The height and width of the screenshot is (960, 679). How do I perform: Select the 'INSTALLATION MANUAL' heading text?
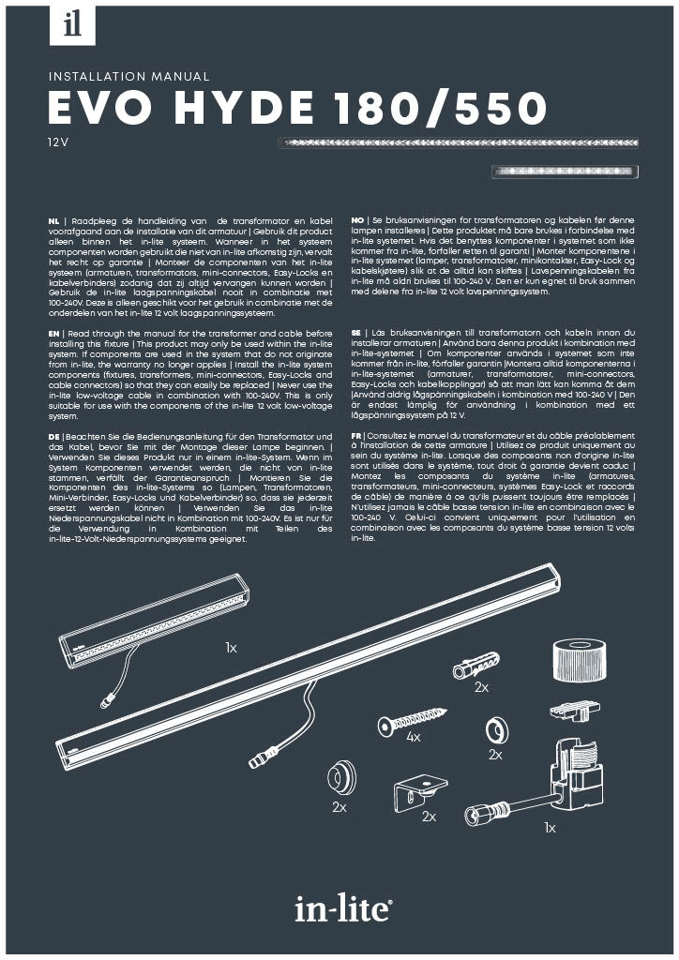pyautogui.click(x=128, y=77)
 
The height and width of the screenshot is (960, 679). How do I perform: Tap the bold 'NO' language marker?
pyautogui.click(x=357, y=217)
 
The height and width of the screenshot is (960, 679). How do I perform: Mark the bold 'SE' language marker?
pyautogui.click(x=356, y=333)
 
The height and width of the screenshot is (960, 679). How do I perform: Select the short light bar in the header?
pyautogui.click(x=566, y=171)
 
